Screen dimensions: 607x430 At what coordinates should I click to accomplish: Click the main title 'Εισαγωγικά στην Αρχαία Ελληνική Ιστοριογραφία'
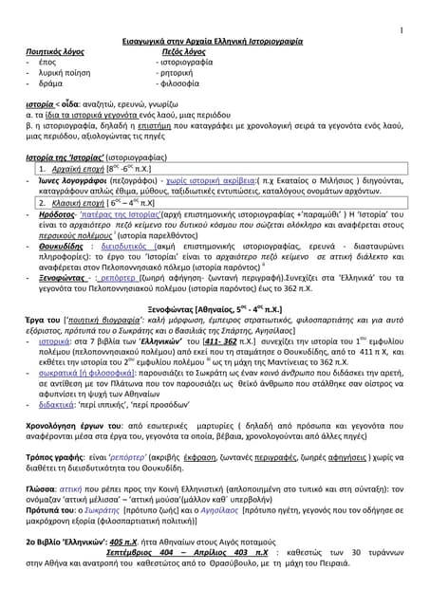[215, 44]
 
